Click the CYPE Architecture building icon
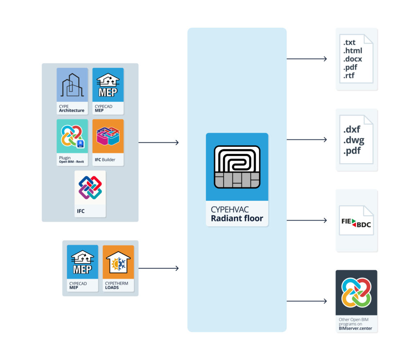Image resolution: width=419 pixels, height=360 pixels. pos(72,85)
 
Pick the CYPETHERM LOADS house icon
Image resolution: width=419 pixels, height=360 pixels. pos(118,262)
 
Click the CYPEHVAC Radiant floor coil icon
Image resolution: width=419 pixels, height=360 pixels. pos(237,167)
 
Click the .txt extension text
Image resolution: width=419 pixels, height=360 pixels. pos(349,43)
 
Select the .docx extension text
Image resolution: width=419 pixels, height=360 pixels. pos(352,59)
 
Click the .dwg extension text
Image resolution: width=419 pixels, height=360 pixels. pos(354,140)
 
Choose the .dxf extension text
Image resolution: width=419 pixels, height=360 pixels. pos(352,130)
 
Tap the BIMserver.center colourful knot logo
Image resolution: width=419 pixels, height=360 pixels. pos(356,292)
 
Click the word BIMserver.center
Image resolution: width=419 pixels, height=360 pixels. pos(355,328)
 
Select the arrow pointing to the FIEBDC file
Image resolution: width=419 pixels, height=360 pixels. pos(307,220)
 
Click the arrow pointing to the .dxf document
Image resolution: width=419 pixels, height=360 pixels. pos(307,139)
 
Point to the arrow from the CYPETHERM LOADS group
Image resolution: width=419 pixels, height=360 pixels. pos(159,268)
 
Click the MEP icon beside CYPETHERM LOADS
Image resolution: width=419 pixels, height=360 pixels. pos(82,262)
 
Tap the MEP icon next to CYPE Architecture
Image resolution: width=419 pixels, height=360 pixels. pos(108,85)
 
